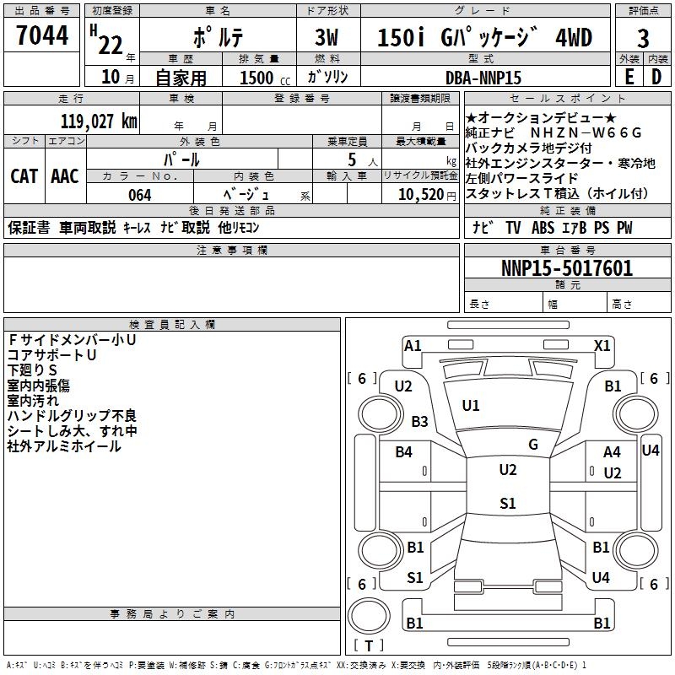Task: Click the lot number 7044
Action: [42, 36]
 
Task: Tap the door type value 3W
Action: [327, 38]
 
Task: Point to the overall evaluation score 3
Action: [643, 39]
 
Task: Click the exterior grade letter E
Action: [629, 77]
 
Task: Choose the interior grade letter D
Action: [656, 77]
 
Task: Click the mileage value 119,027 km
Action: [99, 121]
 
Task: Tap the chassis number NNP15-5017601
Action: [567, 269]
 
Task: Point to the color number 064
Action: [139, 195]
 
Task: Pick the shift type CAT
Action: [24, 176]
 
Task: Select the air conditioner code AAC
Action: [65, 176]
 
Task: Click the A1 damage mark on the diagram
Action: [413, 345]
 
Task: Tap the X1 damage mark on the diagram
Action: [602, 345]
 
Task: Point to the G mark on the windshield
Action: [533, 445]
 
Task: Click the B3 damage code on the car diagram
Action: [419, 421]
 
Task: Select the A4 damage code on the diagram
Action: [612, 453]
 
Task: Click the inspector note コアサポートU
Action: [51, 355]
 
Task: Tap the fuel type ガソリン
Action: [328, 77]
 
